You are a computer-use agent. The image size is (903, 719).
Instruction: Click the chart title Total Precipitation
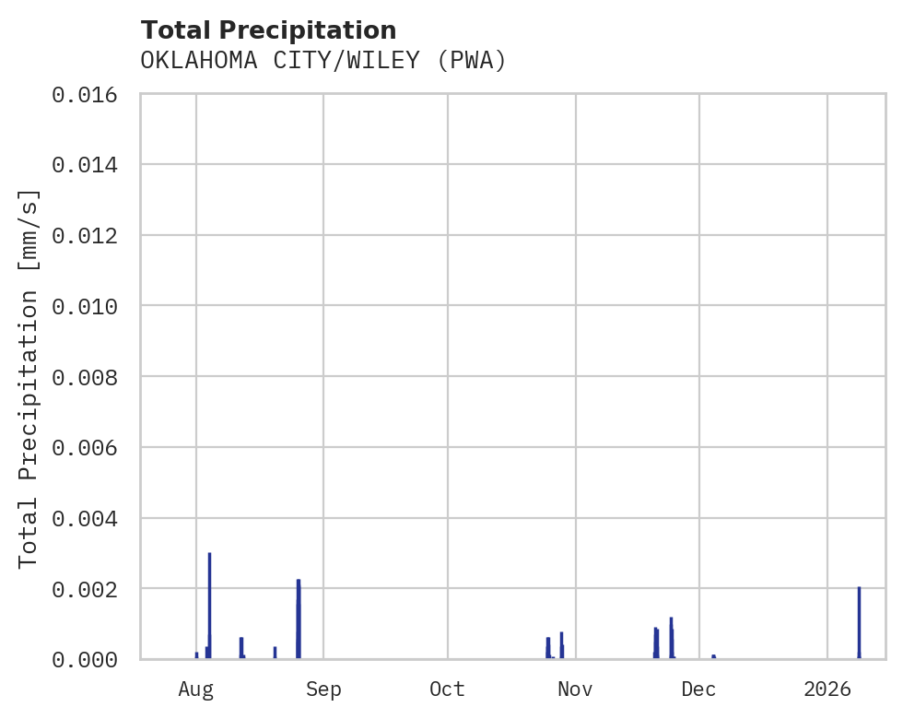pos(268,30)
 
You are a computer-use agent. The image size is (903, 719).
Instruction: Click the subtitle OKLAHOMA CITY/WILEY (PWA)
pos(323,61)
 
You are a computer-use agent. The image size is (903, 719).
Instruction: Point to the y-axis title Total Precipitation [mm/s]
pos(29,377)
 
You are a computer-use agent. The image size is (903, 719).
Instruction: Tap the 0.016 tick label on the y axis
pos(85,94)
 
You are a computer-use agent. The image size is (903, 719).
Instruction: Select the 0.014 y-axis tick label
pos(85,165)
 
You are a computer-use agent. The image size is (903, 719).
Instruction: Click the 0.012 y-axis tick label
pos(85,235)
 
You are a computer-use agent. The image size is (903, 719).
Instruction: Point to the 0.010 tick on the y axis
pos(85,306)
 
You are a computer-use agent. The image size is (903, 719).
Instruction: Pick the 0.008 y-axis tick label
pos(85,377)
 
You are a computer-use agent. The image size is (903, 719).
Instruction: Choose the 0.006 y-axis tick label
pos(85,447)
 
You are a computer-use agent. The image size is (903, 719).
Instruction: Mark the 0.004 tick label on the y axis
pos(85,518)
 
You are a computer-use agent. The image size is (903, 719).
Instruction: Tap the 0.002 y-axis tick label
pos(85,588)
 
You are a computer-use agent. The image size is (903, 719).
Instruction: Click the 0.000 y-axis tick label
pos(85,659)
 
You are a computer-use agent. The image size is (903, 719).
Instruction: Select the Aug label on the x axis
pos(196,689)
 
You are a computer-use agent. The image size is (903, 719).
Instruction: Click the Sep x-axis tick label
pos(323,689)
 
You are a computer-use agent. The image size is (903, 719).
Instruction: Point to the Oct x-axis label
pos(447,689)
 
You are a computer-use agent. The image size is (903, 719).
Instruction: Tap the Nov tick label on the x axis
pos(575,689)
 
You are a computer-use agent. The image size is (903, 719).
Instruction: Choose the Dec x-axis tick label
pos(699,689)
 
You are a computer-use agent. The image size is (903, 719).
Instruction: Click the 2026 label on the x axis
pos(827,689)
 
